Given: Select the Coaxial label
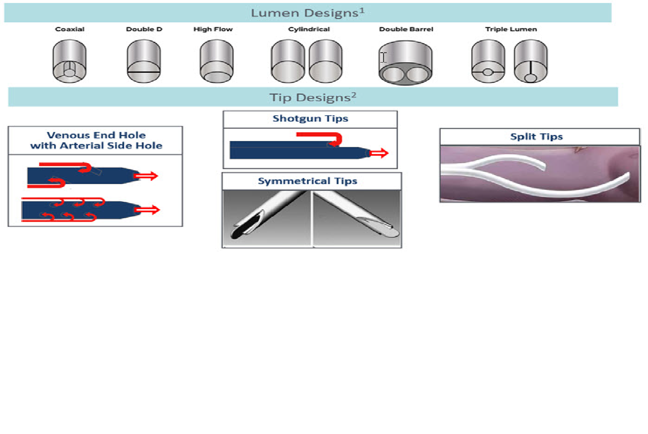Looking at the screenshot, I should [x=70, y=29].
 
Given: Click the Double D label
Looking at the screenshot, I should [x=144, y=29].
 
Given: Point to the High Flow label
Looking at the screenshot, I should [x=213, y=29].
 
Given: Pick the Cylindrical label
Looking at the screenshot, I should [x=309, y=29].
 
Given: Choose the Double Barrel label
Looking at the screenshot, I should [x=406, y=29].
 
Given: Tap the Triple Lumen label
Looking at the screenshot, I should [x=511, y=29].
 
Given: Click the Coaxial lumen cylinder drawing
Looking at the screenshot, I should [x=70, y=61].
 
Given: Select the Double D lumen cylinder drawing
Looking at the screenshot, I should [x=144, y=61].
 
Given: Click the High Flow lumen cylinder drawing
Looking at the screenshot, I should [x=217, y=61].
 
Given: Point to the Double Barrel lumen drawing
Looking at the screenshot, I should [x=406, y=63].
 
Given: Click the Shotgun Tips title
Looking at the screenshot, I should [x=310, y=118].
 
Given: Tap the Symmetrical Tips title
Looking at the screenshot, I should [x=308, y=181].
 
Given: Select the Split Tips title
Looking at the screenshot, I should [x=536, y=136].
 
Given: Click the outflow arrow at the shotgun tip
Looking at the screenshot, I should [x=379, y=154].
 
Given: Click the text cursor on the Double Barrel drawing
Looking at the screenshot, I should [x=383, y=57].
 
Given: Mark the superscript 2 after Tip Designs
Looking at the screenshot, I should [x=354, y=95].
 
